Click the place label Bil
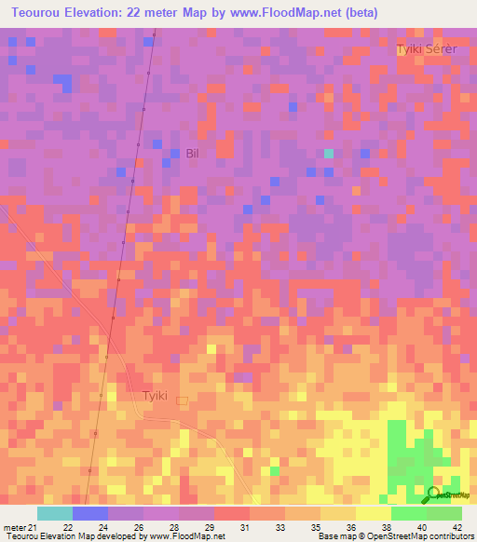click(x=193, y=154)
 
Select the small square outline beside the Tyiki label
click(x=183, y=401)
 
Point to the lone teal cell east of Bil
click(x=328, y=153)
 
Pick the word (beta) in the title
click(x=359, y=12)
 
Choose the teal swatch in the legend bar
click(x=54, y=513)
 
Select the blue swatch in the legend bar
click(x=89, y=513)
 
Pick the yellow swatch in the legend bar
click(x=373, y=513)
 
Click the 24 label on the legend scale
click(x=103, y=527)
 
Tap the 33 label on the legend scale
click(x=279, y=527)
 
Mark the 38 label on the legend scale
click(x=386, y=527)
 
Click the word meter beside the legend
click(x=16, y=527)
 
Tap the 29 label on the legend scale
click(x=209, y=527)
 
